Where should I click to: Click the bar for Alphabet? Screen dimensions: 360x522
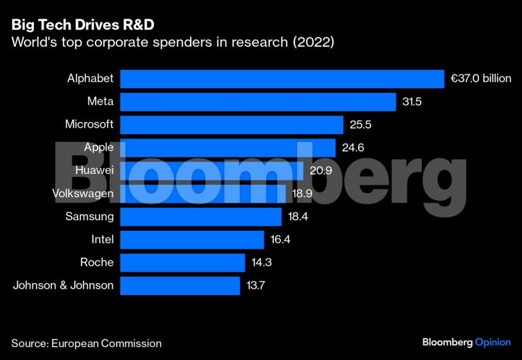click(x=282, y=79)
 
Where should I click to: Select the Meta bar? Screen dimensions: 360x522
click(x=258, y=102)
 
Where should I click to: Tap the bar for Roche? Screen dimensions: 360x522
click(x=182, y=262)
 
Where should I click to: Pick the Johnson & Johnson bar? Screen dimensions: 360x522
click(x=180, y=286)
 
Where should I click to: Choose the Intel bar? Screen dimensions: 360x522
click(x=192, y=239)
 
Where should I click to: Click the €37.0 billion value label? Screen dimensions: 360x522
click(x=481, y=79)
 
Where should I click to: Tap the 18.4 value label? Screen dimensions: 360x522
click(x=298, y=217)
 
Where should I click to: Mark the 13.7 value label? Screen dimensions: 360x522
click(x=257, y=286)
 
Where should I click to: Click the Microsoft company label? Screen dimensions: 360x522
click(x=89, y=124)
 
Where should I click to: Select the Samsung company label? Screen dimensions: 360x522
click(x=89, y=217)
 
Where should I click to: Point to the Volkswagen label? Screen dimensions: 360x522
click(x=83, y=194)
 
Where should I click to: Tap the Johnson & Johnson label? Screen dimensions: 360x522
click(x=63, y=286)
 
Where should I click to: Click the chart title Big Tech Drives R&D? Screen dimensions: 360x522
click(x=82, y=25)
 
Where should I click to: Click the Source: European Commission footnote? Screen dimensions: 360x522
click(x=86, y=343)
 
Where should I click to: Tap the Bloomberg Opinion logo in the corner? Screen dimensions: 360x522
click(x=466, y=342)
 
